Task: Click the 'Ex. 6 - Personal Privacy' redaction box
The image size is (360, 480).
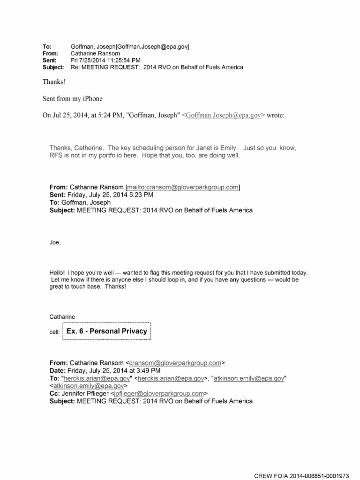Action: [x=106, y=331]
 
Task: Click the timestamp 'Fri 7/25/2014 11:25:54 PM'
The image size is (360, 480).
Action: [x=105, y=60]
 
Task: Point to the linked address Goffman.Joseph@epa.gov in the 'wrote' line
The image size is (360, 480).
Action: [x=223, y=115]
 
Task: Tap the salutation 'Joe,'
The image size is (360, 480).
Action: [x=55, y=243]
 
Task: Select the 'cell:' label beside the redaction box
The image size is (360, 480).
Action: [x=55, y=332]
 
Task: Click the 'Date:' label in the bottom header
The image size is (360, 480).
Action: [x=59, y=370]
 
